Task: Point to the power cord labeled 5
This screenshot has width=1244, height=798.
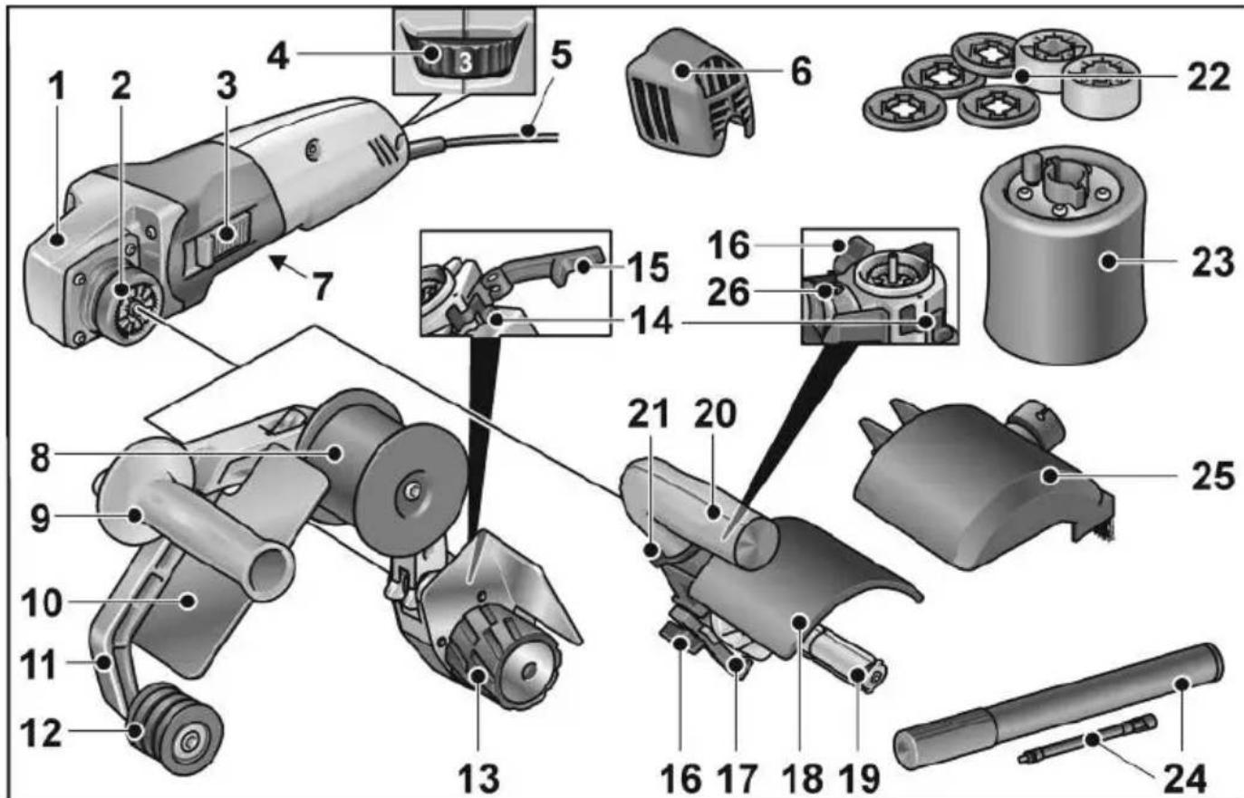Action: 507,136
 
